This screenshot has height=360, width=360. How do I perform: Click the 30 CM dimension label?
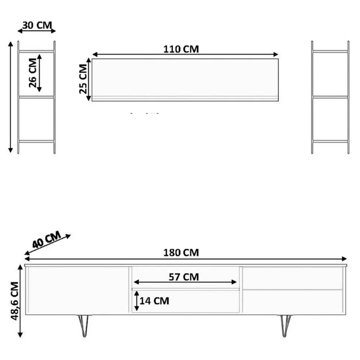[x=37, y=25]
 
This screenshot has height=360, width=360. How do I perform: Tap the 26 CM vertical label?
[x=33, y=73]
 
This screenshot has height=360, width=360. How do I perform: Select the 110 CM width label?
[x=181, y=49]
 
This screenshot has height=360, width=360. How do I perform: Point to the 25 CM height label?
[x=83, y=79]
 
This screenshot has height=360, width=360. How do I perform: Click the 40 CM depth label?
[x=46, y=239]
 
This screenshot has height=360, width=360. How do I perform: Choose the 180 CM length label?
[x=181, y=253]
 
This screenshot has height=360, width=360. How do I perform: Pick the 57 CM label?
[x=184, y=277]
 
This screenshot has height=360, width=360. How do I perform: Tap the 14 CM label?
[x=154, y=301]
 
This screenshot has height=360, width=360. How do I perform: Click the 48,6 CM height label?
[x=14, y=301]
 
